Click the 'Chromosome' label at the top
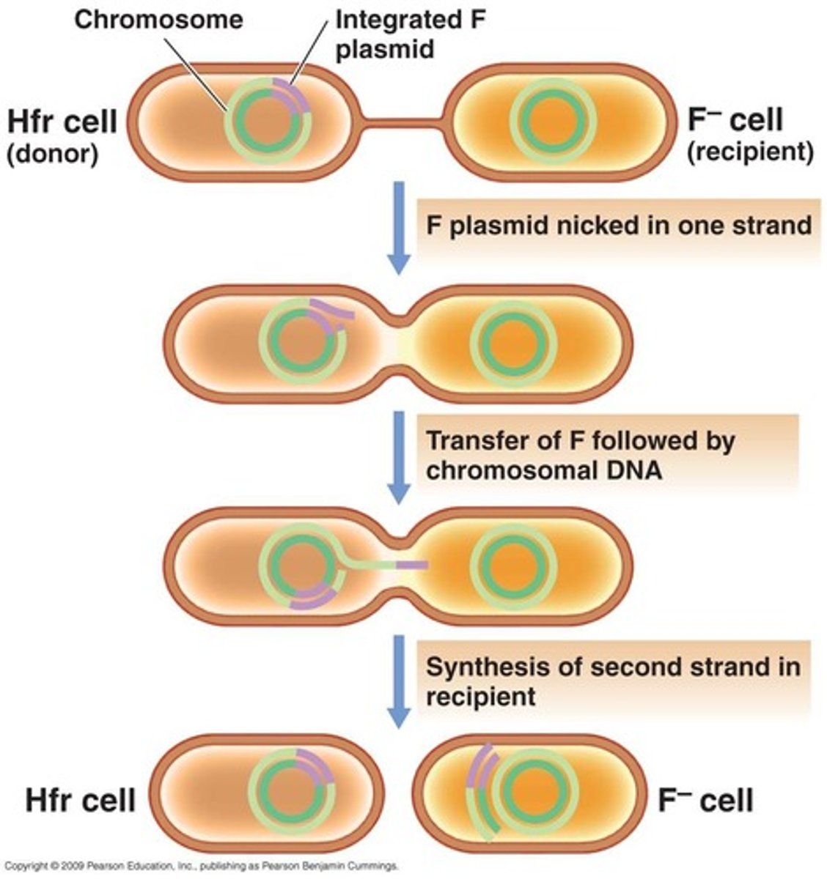point(158,19)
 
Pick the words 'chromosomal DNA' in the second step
point(543,470)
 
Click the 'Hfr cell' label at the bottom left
point(81,800)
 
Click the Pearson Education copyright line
point(199,866)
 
